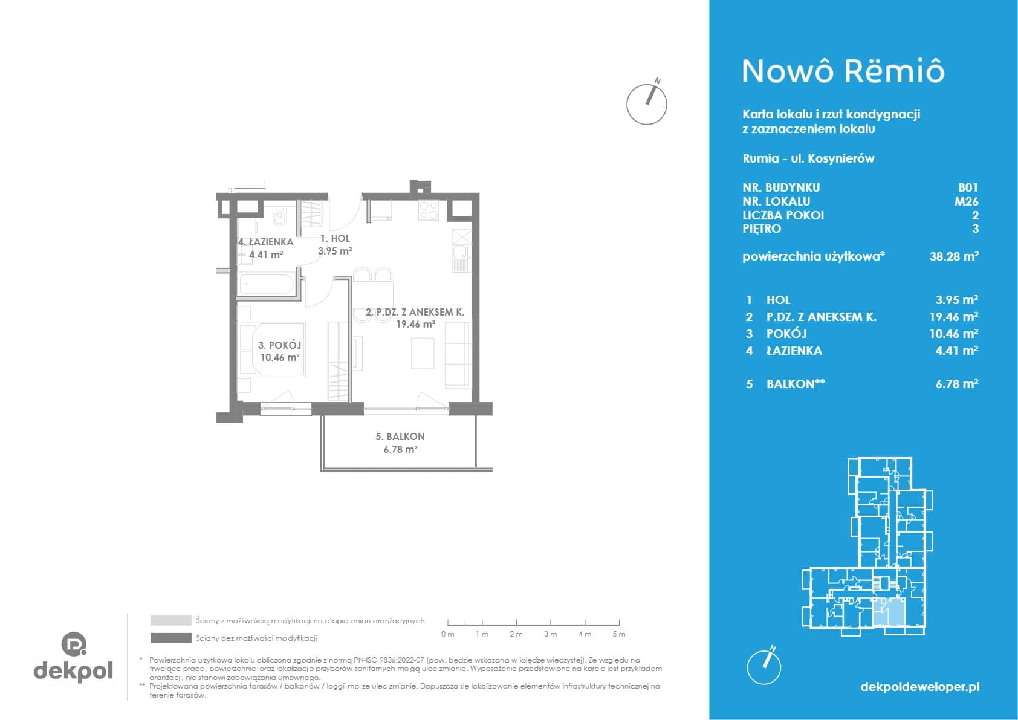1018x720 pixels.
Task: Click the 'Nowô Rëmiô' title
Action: click(843, 71)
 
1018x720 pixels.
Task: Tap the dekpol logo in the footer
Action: click(73, 657)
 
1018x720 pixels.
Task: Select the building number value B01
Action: click(968, 187)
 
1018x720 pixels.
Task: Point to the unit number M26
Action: click(966, 201)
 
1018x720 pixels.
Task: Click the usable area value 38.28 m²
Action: click(954, 256)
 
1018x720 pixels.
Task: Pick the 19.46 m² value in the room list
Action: click(953, 316)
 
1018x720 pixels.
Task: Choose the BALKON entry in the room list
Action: click(796, 384)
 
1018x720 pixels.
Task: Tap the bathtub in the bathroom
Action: click(267, 285)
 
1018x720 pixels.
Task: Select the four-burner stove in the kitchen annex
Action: click(429, 210)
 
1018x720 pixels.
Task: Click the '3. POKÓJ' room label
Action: click(279, 345)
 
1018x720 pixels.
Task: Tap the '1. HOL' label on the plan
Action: click(335, 238)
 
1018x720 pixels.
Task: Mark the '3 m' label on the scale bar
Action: click(550, 634)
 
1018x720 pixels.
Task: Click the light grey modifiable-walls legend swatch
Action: click(171, 620)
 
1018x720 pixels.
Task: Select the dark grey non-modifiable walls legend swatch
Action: click(171, 638)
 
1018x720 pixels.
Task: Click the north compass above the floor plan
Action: click(647, 103)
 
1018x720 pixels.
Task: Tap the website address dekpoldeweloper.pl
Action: click(920, 687)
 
